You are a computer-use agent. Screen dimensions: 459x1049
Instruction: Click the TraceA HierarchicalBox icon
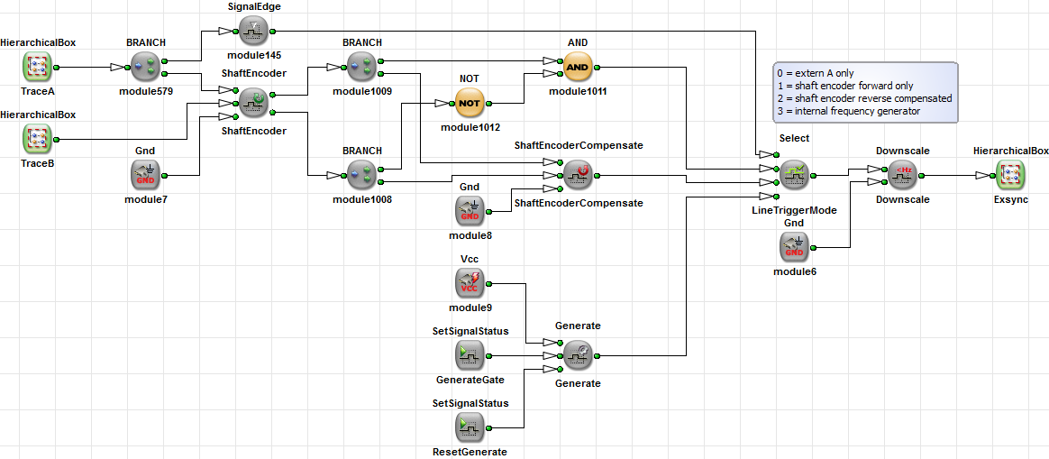tap(38, 67)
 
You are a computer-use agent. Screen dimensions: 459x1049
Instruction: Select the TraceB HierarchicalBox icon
tap(38, 139)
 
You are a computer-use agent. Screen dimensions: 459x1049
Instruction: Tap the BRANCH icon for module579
tap(145, 67)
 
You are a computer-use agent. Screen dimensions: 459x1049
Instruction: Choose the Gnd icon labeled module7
tap(145, 174)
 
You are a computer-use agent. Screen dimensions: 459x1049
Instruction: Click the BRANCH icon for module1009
tap(361, 67)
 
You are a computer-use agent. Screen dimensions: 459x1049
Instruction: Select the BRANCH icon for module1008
tap(361, 174)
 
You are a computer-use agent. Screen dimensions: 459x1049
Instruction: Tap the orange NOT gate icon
tap(470, 103)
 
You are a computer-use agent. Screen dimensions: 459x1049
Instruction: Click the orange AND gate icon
tap(578, 67)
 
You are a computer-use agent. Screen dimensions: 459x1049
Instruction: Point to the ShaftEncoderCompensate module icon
tap(578, 174)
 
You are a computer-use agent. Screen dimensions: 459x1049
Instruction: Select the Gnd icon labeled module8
tap(470, 211)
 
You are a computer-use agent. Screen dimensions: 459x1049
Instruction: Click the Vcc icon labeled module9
tap(470, 283)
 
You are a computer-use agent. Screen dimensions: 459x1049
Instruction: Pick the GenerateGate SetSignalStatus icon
tap(470, 355)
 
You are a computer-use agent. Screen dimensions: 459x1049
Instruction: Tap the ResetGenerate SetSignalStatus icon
tap(470, 427)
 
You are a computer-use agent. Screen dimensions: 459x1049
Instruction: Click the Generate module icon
tap(578, 355)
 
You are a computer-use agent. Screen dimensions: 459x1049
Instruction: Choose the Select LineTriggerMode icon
tap(794, 174)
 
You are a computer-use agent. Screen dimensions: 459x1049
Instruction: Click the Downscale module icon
tap(902, 174)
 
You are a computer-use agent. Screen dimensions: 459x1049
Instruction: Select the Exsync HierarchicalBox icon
tap(1010, 174)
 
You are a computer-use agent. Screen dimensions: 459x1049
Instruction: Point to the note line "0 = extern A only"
tap(816, 73)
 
